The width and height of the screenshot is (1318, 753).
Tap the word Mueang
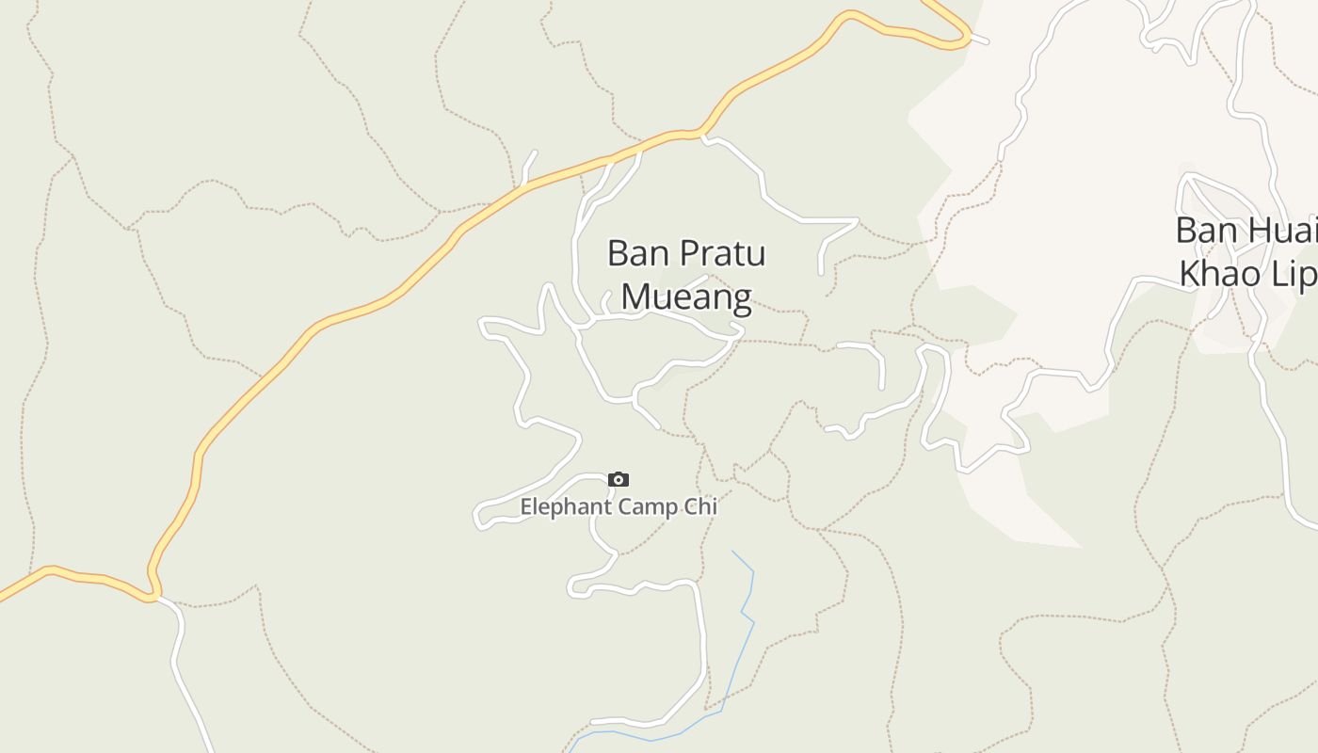pyautogui.click(x=686, y=296)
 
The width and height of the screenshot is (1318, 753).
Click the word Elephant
pyautogui.click(x=566, y=506)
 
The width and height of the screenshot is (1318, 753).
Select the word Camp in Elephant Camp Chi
pyautogui.click(x=649, y=506)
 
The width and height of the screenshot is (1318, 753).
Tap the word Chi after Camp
pyautogui.click(x=701, y=506)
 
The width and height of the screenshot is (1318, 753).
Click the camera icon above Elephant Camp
pyautogui.click(x=618, y=480)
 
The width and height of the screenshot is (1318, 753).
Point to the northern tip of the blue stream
pyautogui.click(x=732, y=552)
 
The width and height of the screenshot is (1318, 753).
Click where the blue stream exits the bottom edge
pyautogui.click(x=570, y=750)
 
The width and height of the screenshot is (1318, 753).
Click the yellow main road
pyautogui.click(x=377, y=298)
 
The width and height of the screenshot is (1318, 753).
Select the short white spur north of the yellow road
pyautogui.click(x=528, y=166)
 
